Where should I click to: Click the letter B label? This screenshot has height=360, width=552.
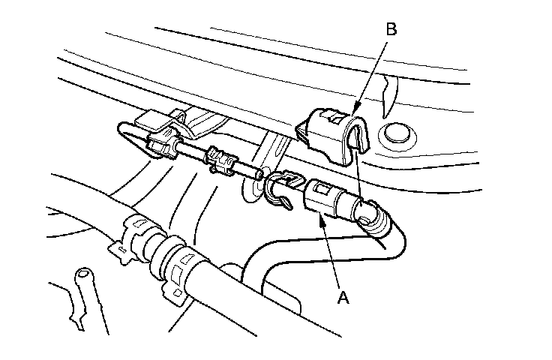tap(390, 30)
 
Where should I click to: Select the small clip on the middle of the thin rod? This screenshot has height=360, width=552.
tap(223, 159)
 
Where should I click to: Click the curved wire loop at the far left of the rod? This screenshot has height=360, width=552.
tap(125, 135)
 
